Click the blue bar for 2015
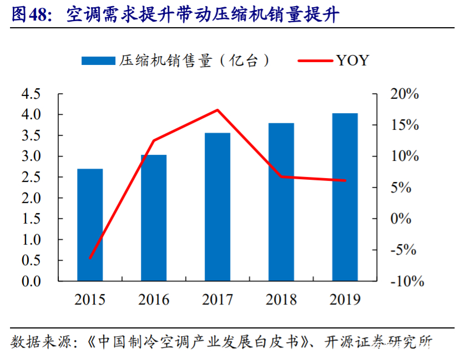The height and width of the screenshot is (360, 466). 90,225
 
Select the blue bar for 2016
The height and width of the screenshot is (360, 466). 154,217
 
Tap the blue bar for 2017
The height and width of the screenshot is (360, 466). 217,206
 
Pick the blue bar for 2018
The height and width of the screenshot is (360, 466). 281,201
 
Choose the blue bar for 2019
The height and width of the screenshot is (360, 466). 345,197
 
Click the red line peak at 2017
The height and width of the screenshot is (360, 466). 217,110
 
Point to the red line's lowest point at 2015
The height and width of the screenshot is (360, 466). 90,258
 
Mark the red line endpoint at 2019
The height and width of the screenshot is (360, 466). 345,180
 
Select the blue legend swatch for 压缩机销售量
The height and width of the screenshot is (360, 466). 98,60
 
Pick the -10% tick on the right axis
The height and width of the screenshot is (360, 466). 407,281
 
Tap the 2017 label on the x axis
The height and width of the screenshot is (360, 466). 217,300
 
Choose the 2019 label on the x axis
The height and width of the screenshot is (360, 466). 345,300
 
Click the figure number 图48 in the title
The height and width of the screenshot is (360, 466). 31,15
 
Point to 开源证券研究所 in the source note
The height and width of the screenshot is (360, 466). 379,341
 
